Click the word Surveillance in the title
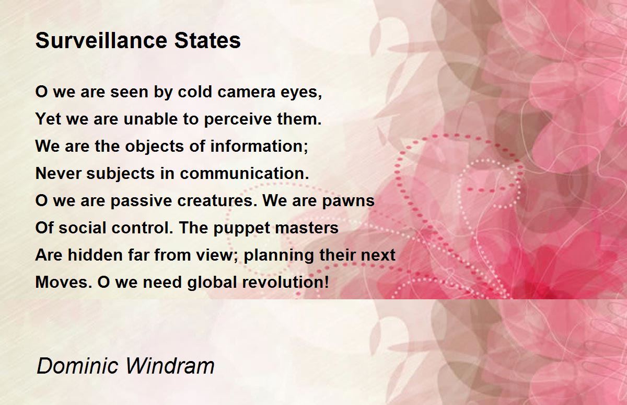coord(101,41)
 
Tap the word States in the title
coord(207,41)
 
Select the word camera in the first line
coord(247,92)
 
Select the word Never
coord(58,174)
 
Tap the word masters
coord(307,228)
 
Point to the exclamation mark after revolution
coord(326,282)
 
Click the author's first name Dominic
coord(77,366)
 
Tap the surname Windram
coord(170,366)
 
